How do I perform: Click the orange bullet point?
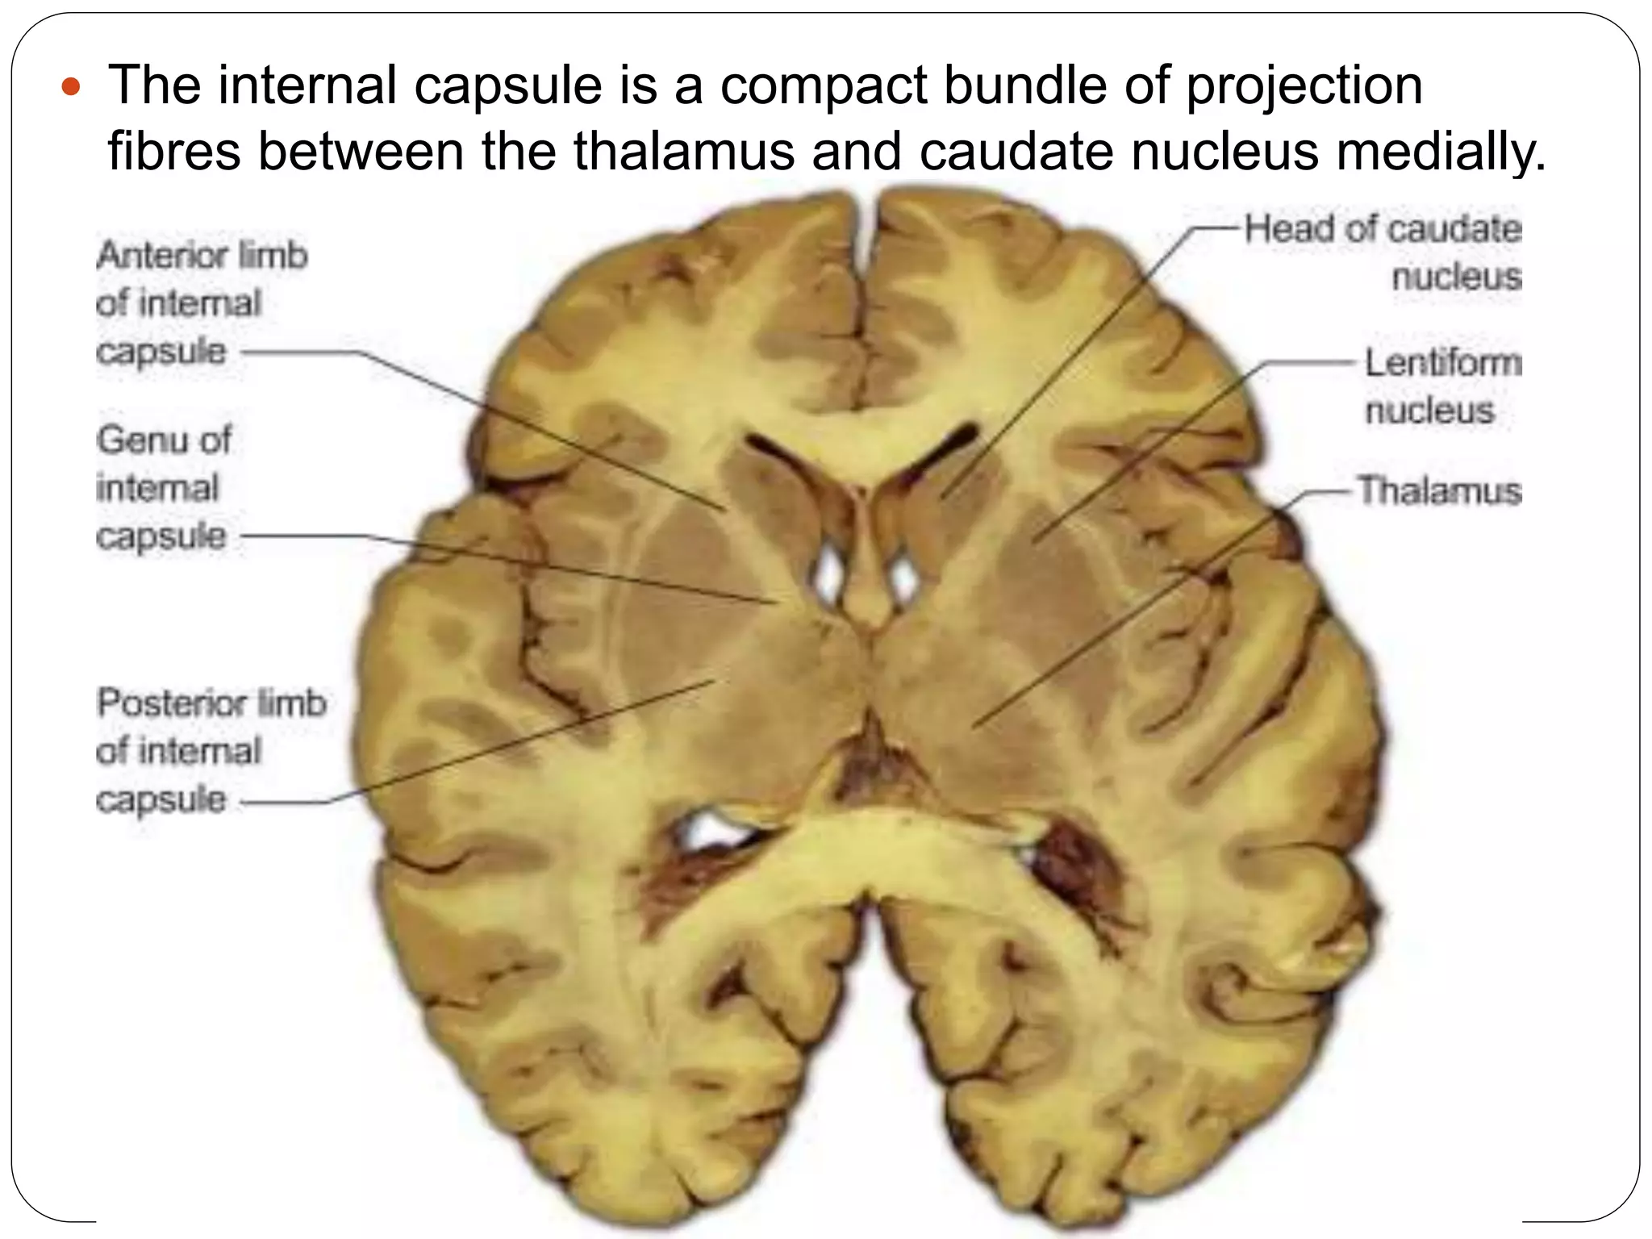tap(72, 86)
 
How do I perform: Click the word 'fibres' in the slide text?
tap(173, 151)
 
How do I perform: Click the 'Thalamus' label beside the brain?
tap(1439, 490)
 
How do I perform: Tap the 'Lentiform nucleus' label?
tap(1441, 386)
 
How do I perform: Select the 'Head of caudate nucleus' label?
tap(1383, 252)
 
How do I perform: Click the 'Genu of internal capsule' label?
tap(163, 488)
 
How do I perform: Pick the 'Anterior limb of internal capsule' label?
tap(202, 303)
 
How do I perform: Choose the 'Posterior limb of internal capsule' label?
tap(211, 751)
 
